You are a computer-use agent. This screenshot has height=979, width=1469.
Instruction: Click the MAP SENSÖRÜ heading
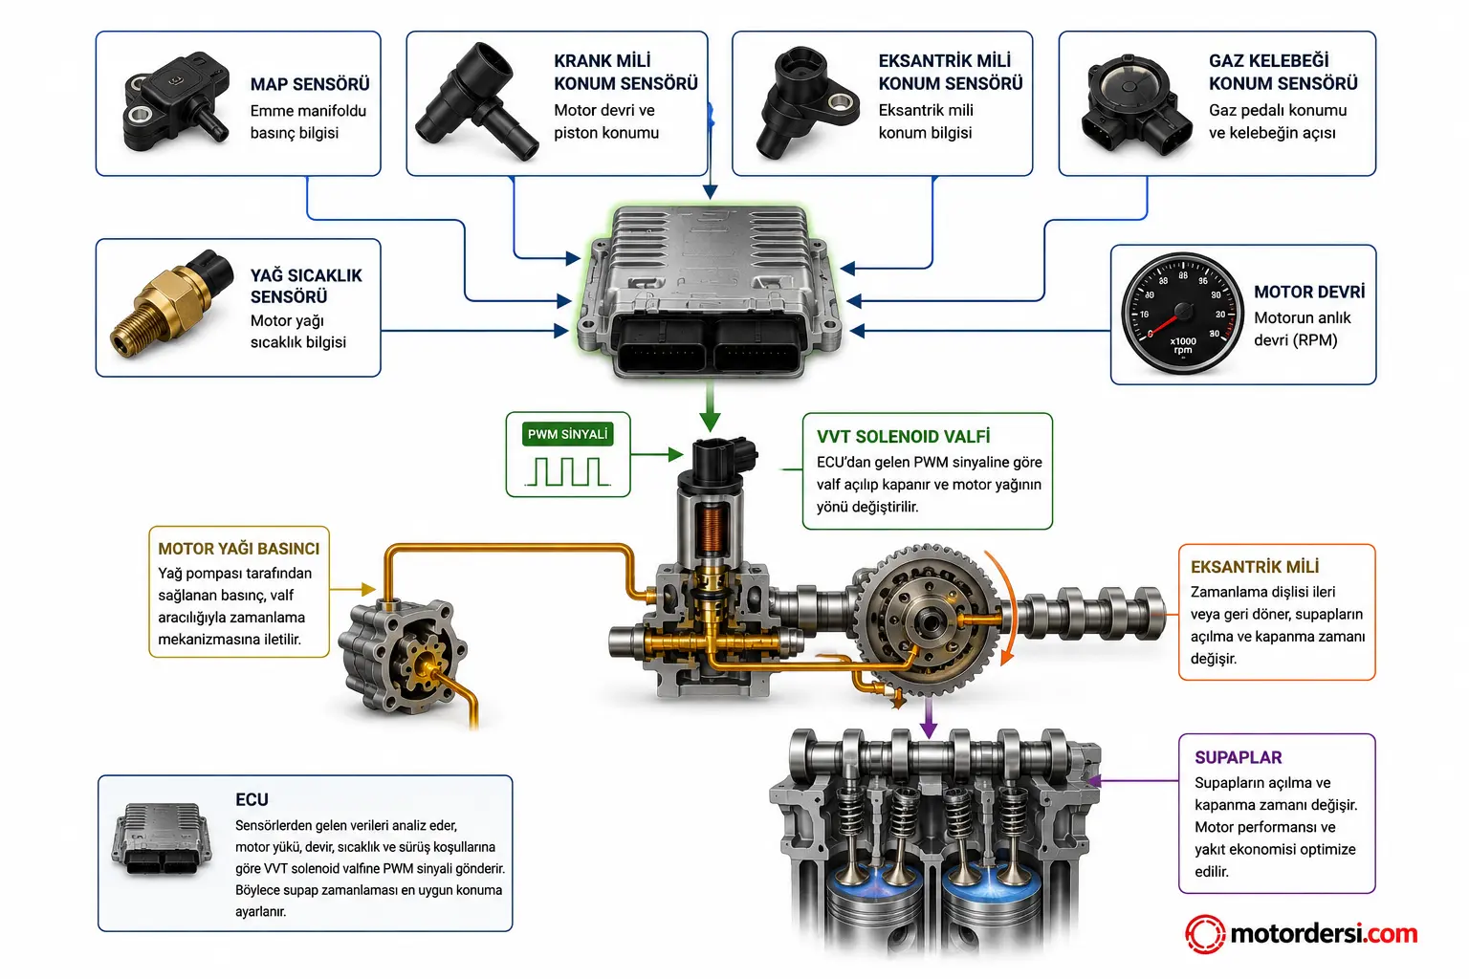click(x=310, y=84)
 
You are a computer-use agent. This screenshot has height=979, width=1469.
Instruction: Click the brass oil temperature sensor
click(x=172, y=302)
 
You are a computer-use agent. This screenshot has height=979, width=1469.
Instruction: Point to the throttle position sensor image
click(x=1136, y=105)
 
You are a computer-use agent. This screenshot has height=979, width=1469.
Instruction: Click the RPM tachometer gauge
click(x=1182, y=314)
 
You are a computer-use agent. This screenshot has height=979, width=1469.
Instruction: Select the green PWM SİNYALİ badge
click(x=568, y=434)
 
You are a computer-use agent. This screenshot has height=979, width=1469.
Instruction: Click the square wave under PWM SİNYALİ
click(x=568, y=471)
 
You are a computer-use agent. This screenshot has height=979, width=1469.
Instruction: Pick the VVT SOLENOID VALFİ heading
click(x=903, y=436)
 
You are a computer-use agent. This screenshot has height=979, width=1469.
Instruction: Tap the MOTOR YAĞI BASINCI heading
click(x=239, y=548)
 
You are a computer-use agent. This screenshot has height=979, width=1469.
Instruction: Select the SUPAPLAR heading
click(x=1238, y=757)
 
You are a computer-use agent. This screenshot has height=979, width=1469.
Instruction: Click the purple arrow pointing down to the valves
click(x=928, y=717)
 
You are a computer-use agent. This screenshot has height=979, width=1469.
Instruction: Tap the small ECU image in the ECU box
click(x=162, y=838)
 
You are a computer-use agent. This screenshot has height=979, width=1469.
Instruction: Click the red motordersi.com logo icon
click(x=1205, y=934)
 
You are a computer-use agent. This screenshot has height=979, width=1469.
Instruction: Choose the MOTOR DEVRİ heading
click(x=1309, y=292)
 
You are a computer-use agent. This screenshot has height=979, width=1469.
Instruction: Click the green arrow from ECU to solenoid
click(x=710, y=407)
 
